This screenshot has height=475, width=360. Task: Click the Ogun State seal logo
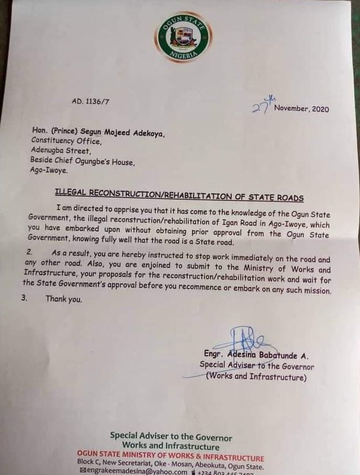coord(183,38)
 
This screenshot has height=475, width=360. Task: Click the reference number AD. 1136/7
coord(88,102)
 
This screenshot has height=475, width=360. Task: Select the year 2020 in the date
coord(319,109)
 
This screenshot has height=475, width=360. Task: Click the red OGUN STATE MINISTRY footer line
coord(171,458)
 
